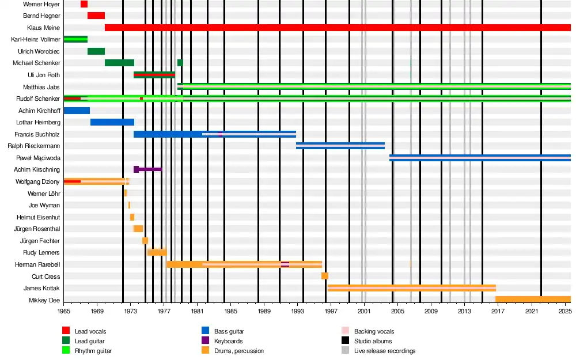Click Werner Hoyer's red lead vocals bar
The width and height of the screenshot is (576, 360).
84,4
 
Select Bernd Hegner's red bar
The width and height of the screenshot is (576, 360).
96,16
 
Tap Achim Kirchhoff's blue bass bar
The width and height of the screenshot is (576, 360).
77,111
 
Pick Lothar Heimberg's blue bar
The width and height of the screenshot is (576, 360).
112,122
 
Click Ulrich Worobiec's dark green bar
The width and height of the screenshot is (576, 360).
96,51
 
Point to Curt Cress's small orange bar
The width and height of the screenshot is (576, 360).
325,276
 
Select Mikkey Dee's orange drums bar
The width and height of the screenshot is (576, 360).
533,300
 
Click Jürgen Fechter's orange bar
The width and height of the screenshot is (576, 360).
145,241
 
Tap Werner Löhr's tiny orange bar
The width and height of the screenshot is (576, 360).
126,194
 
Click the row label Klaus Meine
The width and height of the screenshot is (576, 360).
43,28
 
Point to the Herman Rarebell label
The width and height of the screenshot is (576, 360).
38,264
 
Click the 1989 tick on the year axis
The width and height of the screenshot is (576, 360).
264,311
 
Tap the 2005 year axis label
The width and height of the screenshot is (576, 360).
398,311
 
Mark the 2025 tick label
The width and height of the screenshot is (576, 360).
565,311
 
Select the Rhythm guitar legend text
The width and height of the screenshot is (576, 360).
93,351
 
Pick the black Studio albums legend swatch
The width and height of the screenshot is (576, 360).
346,341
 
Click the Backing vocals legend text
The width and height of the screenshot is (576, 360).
374,331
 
